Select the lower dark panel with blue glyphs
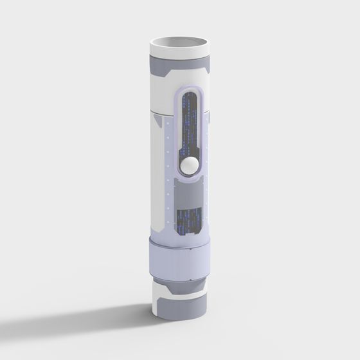tap(189, 219)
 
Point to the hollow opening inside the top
tap(180, 44)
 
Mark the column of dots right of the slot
tap(210, 174)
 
